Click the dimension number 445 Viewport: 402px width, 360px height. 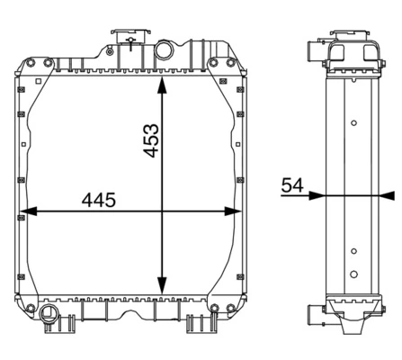(98, 201)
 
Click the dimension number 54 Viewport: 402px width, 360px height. (292, 185)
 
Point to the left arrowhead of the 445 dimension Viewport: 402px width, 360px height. (26, 211)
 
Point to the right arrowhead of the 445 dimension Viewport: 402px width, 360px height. (231, 211)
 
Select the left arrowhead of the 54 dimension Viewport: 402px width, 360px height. (316, 195)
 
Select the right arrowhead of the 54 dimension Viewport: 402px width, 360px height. (388, 195)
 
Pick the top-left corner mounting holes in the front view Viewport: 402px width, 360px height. (30, 65)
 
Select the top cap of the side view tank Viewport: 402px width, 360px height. (353, 37)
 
